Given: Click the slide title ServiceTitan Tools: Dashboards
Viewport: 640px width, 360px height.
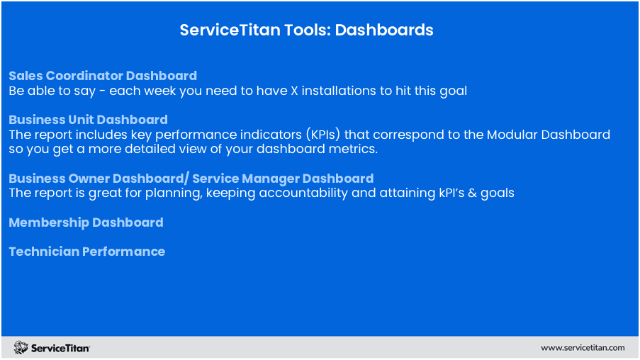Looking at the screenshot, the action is click(306, 30).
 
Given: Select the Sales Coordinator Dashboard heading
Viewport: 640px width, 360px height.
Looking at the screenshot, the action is click(103, 76).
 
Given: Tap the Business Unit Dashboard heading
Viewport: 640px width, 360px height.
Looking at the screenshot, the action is click(88, 120).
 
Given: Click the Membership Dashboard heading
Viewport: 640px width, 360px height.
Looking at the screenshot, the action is click(86, 223).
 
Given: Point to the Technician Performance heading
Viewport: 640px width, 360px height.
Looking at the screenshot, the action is click(87, 252).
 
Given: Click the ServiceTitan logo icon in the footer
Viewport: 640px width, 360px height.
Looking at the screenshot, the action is click(21, 347).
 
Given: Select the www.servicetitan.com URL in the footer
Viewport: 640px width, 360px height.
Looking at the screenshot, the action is click(583, 348).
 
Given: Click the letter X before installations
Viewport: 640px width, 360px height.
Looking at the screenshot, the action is click(294, 91).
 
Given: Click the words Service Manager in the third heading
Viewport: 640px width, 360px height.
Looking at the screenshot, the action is click(245, 179).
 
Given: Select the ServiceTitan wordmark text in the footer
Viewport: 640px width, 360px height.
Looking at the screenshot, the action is click(60, 348).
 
